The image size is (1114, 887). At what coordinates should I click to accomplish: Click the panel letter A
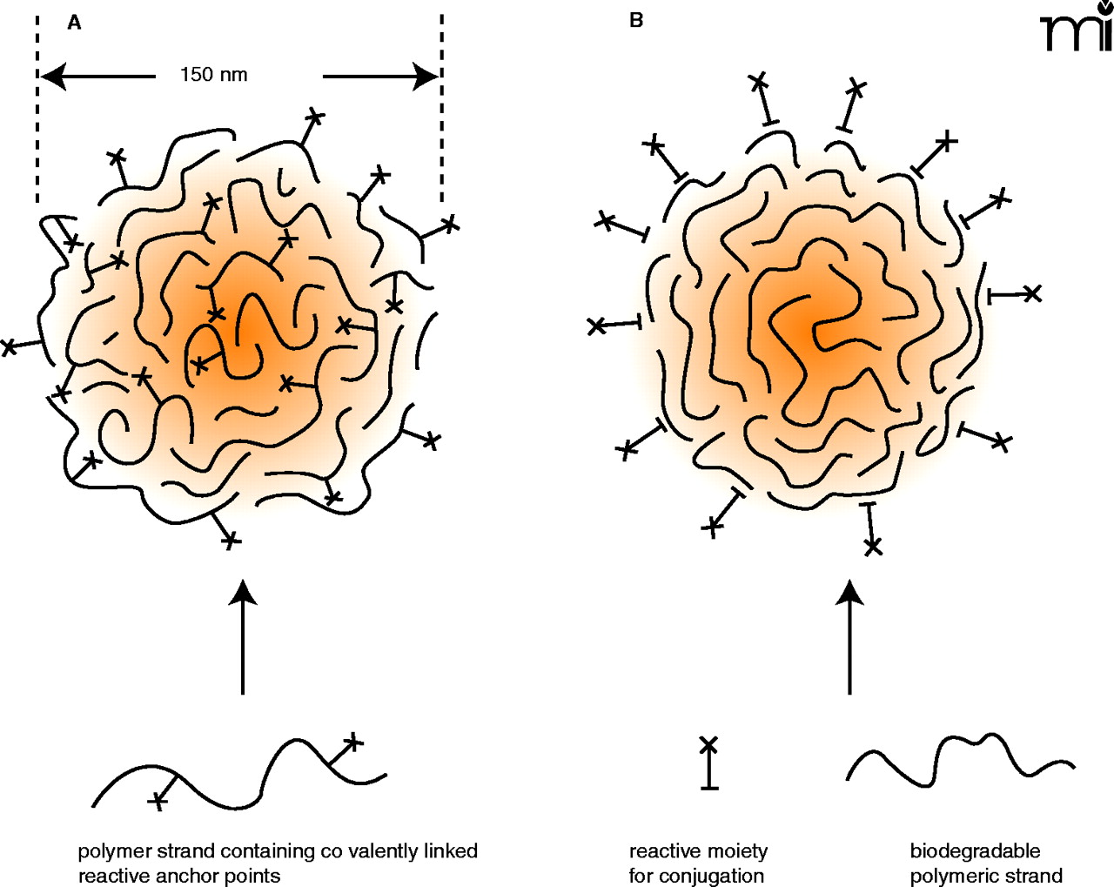(x=74, y=24)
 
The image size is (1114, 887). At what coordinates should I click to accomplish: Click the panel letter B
(x=636, y=21)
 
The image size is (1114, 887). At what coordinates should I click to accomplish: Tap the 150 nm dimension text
(x=213, y=75)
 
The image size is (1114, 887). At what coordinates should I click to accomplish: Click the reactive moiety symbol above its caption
(x=709, y=763)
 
